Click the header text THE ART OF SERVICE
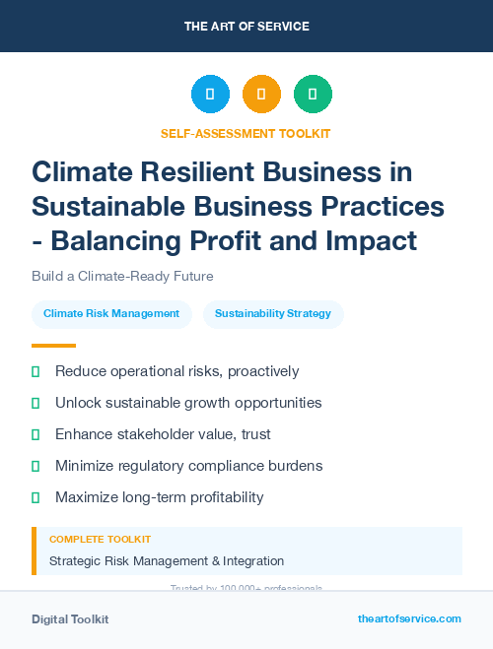pyautogui.click(x=246, y=26)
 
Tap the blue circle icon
pyautogui.click(x=210, y=95)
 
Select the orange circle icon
pyautogui.click(x=261, y=95)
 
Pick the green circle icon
pyautogui.click(x=313, y=95)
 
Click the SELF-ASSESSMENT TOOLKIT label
pyautogui.click(x=246, y=133)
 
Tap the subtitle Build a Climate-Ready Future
pyautogui.click(x=122, y=276)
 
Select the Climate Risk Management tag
pyautogui.click(x=111, y=313)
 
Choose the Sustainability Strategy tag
pyautogui.click(x=273, y=313)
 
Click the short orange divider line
pyautogui.click(x=53, y=346)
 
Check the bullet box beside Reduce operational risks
pyautogui.click(x=35, y=371)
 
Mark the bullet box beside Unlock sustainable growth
pyautogui.click(x=35, y=403)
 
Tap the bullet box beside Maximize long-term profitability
pyautogui.click(x=35, y=497)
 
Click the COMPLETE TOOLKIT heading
pyautogui.click(x=100, y=540)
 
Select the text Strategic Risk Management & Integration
pyautogui.click(x=167, y=561)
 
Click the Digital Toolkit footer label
pyautogui.click(x=70, y=618)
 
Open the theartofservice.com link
pyautogui.click(x=409, y=618)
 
